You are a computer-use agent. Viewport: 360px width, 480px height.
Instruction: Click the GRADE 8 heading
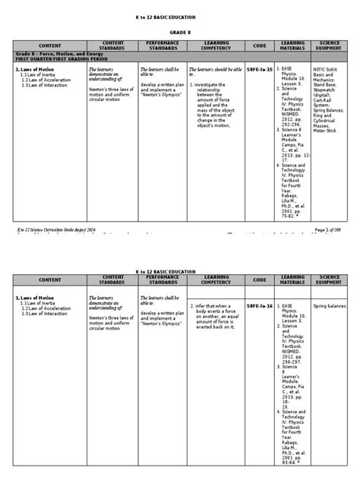click(180, 33)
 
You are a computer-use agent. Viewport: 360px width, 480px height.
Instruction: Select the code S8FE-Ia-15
click(259, 68)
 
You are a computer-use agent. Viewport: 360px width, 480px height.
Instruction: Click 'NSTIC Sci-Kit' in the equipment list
click(332, 68)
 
